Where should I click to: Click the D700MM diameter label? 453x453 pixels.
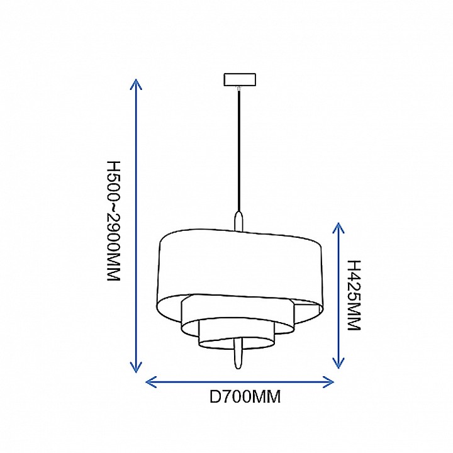tap(245, 396)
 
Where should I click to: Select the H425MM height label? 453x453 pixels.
tap(354, 295)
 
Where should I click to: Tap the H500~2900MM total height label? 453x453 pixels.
tap(113, 221)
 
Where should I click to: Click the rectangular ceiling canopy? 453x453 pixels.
tap(240, 80)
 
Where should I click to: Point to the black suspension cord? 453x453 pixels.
tap(238, 151)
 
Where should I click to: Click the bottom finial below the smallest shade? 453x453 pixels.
tap(238, 354)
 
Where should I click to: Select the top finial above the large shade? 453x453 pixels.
tap(238, 221)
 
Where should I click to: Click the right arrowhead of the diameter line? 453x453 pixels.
tap(328, 382)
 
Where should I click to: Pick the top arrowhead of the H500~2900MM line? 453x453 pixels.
tap(136, 84)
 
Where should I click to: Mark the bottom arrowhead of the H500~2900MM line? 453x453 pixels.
tap(136, 367)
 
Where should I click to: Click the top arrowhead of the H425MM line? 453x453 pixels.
tap(338, 228)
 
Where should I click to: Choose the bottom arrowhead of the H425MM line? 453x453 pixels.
tap(338, 362)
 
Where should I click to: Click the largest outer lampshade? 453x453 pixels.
tap(240, 277)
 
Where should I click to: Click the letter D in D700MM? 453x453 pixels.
tap(215, 396)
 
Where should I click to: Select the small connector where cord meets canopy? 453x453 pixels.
tap(238, 89)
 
